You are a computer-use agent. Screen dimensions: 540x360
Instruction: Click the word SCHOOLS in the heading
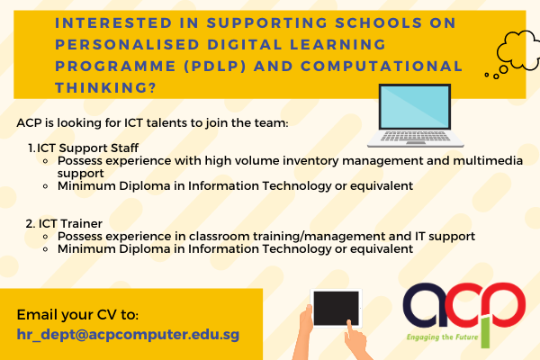(379, 22)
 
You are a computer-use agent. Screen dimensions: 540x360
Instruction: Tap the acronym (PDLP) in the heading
(215, 66)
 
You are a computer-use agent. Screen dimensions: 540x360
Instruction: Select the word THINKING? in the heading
(105, 87)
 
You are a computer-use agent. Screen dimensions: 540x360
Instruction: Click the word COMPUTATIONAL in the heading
(382, 66)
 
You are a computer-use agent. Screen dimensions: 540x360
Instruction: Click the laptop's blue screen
(415, 107)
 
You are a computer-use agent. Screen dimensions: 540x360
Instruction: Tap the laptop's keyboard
(415, 137)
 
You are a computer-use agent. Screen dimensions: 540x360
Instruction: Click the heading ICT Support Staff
(87, 148)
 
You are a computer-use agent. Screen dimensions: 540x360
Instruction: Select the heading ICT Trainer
(70, 223)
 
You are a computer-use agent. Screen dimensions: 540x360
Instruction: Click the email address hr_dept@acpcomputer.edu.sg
(128, 335)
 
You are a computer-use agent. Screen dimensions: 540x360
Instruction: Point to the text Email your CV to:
(77, 314)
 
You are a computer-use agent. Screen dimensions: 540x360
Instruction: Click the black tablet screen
(336, 308)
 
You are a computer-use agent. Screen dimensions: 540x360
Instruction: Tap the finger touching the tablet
(349, 326)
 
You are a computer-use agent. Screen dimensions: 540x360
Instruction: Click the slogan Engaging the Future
(442, 337)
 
